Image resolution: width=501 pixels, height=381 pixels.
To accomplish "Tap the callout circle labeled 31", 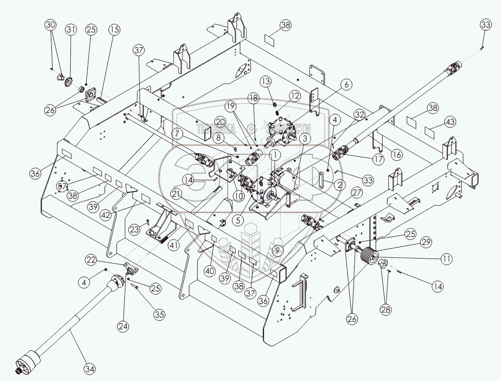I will click(71, 30).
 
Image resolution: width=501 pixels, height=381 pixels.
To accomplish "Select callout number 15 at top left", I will click(114, 30).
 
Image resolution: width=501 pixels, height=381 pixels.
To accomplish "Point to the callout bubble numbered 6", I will click(346, 84).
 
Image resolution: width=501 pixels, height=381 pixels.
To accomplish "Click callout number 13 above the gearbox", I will click(266, 81).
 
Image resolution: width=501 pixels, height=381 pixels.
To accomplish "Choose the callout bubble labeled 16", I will click(396, 154).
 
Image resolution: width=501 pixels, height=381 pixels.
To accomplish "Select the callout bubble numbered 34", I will click(90, 369).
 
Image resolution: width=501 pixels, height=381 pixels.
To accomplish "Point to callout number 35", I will click(159, 315).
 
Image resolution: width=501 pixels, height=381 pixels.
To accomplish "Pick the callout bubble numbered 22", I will click(91, 260).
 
